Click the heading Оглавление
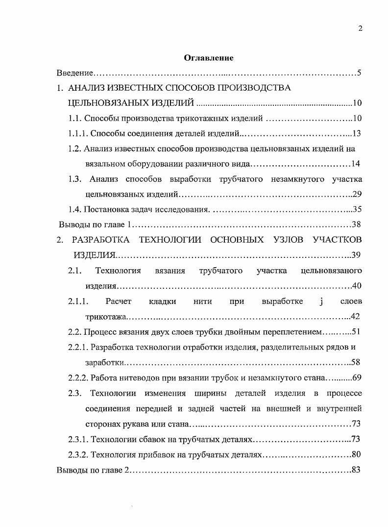point(209,58)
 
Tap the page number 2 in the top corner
point(360,28)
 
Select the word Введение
point(74,73)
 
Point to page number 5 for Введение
point(359,73)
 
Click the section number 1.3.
point(74,179)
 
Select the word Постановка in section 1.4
point(104,209)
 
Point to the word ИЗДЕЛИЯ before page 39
point(95,255)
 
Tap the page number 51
point(356,331)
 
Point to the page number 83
point(356,470)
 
